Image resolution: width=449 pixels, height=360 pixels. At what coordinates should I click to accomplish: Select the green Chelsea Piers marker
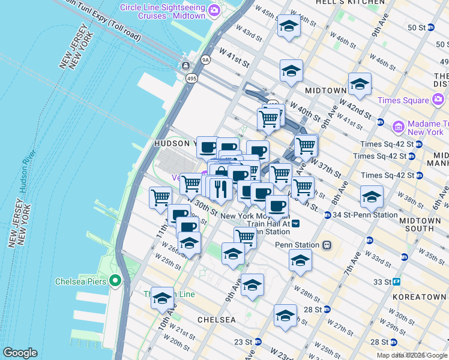pos(116,281)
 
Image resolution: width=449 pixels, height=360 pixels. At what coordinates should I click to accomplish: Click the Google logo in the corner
pos(20,353)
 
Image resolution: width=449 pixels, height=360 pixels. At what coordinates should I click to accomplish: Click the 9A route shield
pos(206,59)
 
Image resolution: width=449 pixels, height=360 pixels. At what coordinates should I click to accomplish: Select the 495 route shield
pos(191,79)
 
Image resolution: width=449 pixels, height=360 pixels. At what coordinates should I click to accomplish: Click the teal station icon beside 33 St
pos(397,281)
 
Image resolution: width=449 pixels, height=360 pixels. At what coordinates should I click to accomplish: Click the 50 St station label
pos(417,28)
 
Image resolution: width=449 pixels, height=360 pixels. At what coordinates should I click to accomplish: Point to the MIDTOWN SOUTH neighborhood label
pos(427,224)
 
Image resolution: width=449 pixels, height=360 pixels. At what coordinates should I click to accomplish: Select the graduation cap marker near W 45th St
pos(289,26)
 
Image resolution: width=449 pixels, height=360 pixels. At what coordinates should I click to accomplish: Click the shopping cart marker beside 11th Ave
pos(161,197)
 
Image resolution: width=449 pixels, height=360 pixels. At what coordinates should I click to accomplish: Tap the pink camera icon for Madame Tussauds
pos(397,127)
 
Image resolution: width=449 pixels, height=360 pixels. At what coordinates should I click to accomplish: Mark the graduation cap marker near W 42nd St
pos(360,84)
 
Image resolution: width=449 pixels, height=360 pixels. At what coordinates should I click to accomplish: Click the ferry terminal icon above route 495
pos(187,65)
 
